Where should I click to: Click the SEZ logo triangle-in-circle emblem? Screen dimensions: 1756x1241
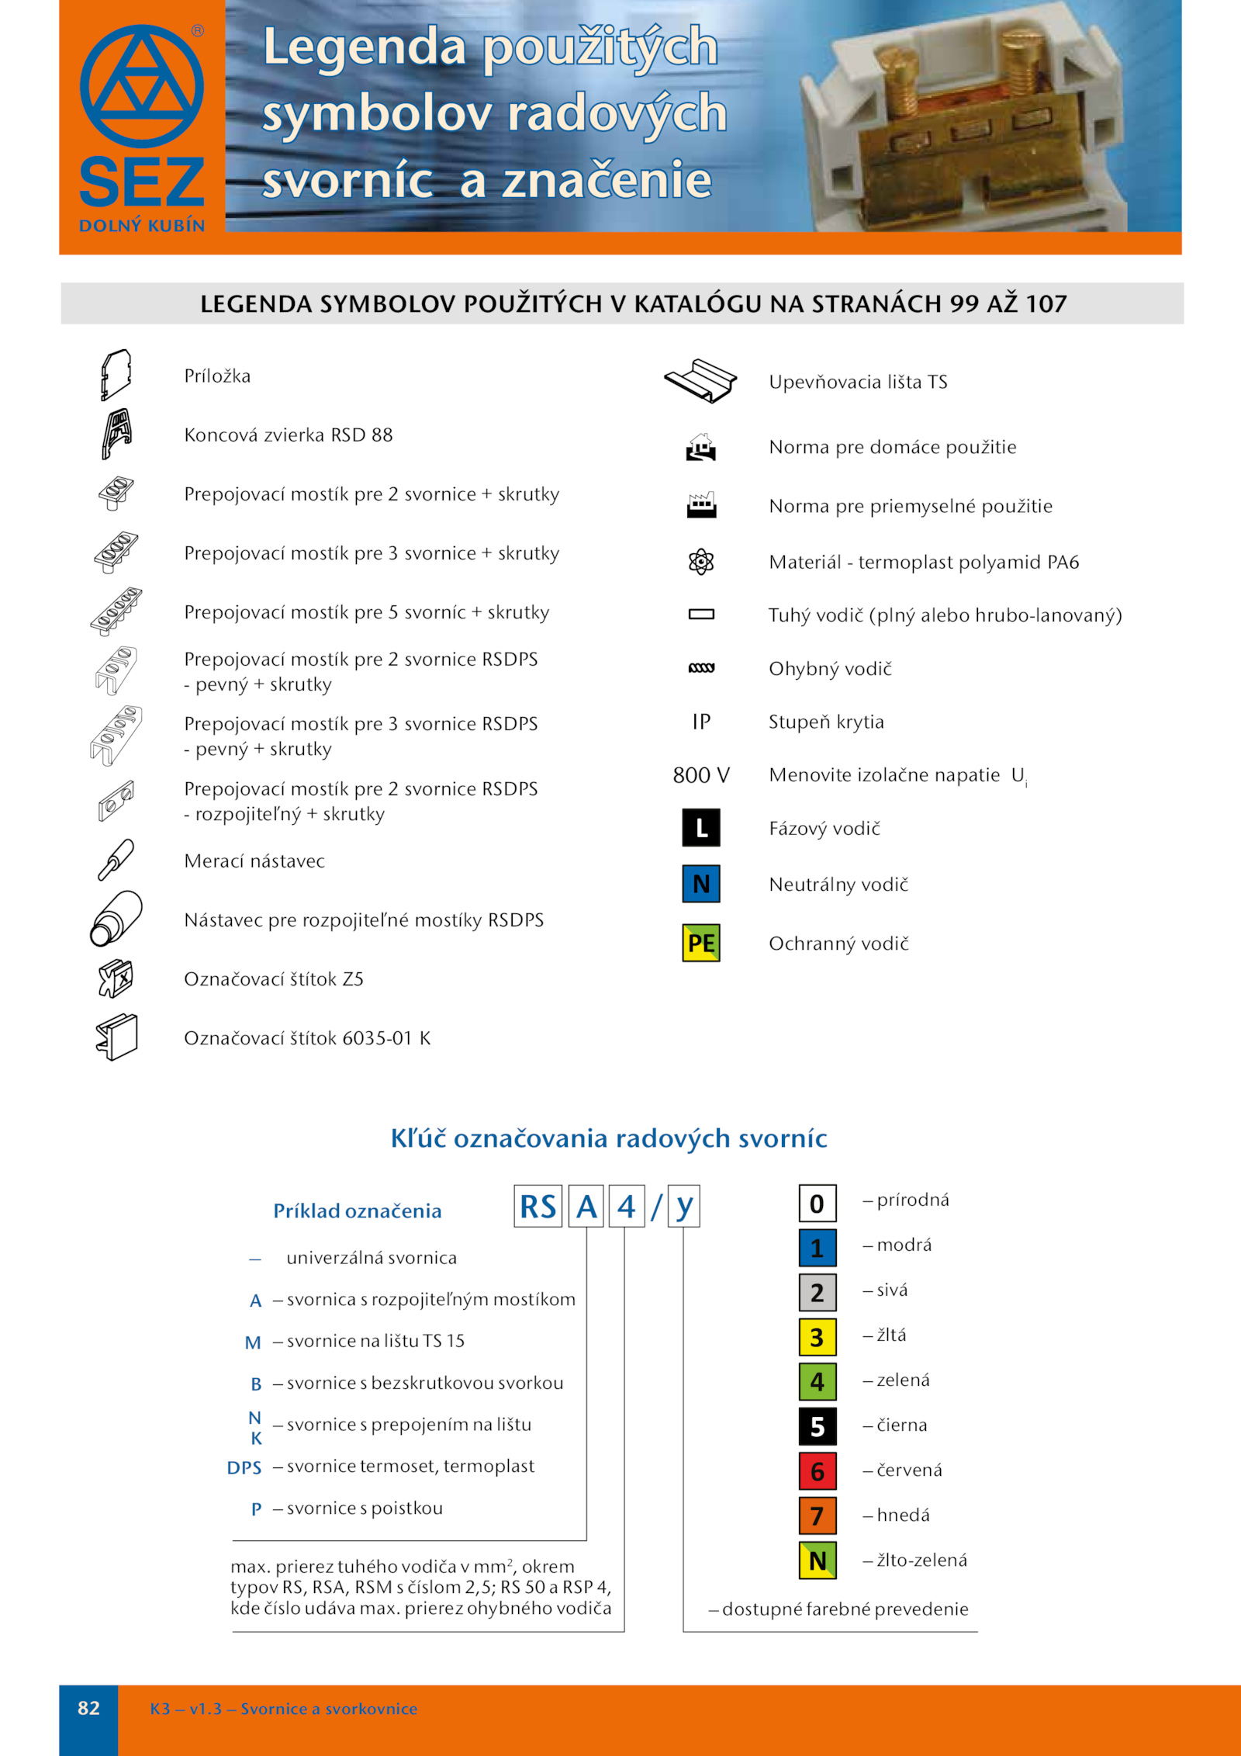click(x=142, y=86)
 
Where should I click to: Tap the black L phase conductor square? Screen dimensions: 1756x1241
click(x=701, y=827)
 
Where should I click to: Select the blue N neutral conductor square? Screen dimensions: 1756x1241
click(x=701, y=884)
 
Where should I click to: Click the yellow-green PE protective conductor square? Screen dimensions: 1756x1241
click(x=701, y=943)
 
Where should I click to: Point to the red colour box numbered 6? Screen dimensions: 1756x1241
click(x=818, y=1471)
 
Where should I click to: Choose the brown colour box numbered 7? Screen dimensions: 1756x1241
click(x=818, y=1516)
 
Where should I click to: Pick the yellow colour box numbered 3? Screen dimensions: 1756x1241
click(x=818, y=1337)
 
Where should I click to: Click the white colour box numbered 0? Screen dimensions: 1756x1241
click(x=818, y=1204)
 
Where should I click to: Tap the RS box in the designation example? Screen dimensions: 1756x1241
click(x=538, y=1207)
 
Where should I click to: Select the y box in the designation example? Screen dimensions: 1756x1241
click(x=683, y=1207)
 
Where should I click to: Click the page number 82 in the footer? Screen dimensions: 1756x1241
click(x=88, y=1708)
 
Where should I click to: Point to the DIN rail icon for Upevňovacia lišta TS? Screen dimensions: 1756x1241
click(x=700, y=381)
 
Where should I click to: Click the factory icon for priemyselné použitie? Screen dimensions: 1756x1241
click(x=701, y=505)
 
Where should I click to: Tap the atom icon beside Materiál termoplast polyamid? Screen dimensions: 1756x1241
click(x=701, y=561)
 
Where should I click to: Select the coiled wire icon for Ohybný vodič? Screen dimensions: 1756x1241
click(x=701, y=668)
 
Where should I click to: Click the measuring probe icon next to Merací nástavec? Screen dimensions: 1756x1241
click(x=116, y=860)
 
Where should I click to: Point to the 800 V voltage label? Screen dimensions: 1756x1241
click(x=701, y=775)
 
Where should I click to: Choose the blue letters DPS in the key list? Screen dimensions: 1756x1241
click(x=244, y=1468)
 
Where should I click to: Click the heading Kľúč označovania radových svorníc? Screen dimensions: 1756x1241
click(x=609, y=1138)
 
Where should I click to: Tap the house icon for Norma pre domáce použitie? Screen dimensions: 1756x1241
click(x=701, y=447)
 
